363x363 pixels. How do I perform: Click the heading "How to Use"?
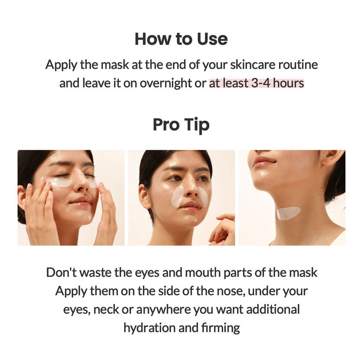click(181, 39)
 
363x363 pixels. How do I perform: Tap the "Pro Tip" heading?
click(181, 124)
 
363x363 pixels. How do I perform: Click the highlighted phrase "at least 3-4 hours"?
click(256, 84)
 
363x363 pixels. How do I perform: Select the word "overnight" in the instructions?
click(165, 84)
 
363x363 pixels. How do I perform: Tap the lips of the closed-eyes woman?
click(81, 200)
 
